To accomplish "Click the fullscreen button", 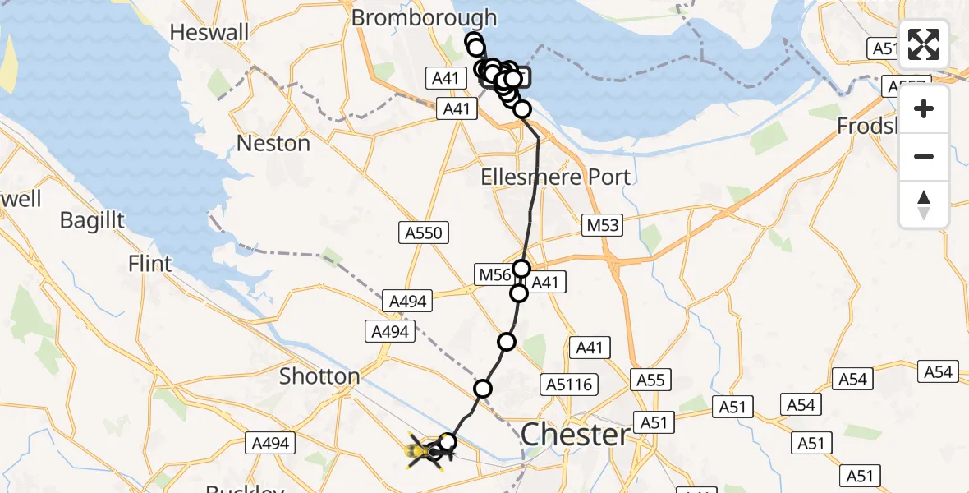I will click(x=924, y=44).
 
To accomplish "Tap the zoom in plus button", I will click(x=924, y=108).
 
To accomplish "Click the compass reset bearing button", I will click(x=924, y=205).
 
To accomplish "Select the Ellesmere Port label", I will click(x=555, y=177).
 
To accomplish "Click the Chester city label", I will click(x=575, y=435).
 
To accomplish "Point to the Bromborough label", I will click(x=425, y=17).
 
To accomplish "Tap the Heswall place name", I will click(x=209, y=32).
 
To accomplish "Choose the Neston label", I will click(x=273, y=143).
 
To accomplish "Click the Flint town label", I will click(x=150, y=264).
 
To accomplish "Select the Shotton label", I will click(x=319, y=376).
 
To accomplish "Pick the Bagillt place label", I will click(x=92, y=219).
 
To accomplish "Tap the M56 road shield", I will click(x=496, y=274).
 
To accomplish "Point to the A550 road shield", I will click(x=423, y=233).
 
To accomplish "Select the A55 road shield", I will click(x=650, y=380).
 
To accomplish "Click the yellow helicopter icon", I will click(x=423, y=450).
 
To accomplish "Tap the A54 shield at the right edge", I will click(x=938, y=371).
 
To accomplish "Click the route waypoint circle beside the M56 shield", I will click(x=522, y=269).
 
